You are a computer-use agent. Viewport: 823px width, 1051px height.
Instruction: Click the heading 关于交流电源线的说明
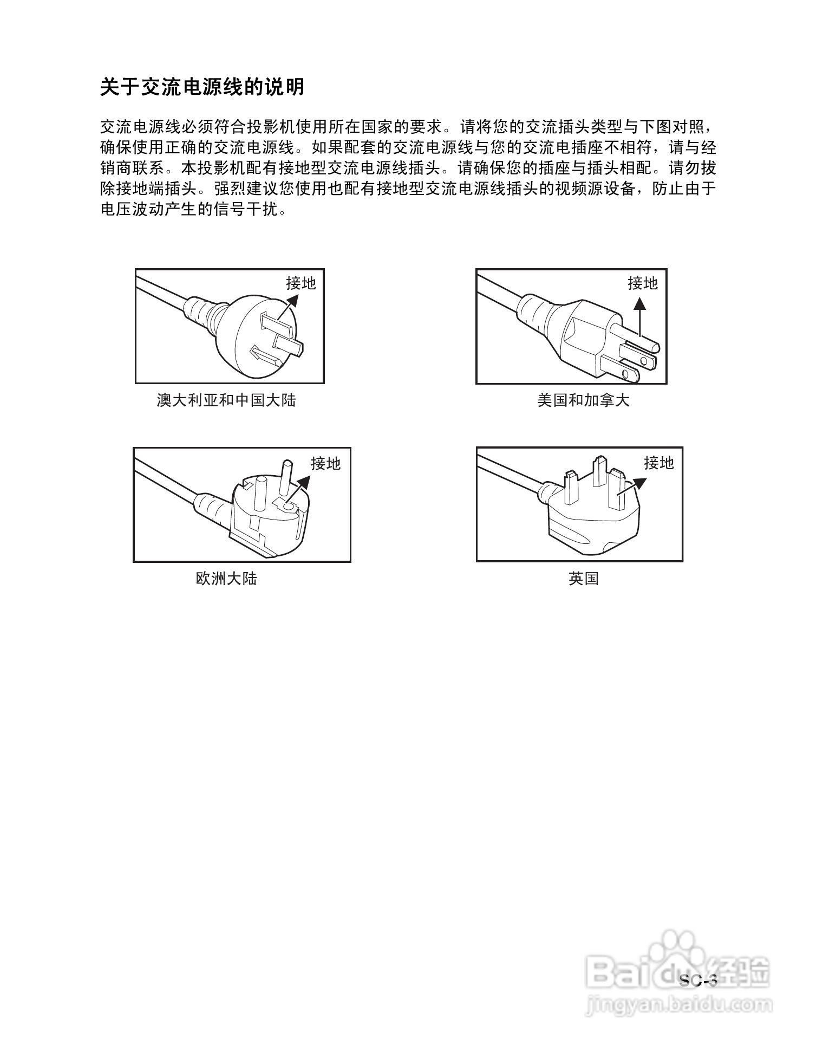click(203, 87)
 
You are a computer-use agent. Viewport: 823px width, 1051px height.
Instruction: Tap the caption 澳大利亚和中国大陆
click(226, 400)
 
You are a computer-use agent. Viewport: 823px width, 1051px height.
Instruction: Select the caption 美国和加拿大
click(583, 400)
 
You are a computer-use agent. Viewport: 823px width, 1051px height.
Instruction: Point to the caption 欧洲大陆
click(226, 579)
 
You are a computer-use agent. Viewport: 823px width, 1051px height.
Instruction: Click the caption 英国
click(583, 579)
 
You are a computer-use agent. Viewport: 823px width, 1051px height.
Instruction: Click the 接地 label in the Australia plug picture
click(301, 283)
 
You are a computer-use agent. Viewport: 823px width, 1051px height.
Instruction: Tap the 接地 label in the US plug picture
click(642, 283)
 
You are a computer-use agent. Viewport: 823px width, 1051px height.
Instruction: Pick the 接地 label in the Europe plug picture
click(325, 463)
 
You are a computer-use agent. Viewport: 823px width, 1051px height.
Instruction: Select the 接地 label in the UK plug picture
click(658, 463)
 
